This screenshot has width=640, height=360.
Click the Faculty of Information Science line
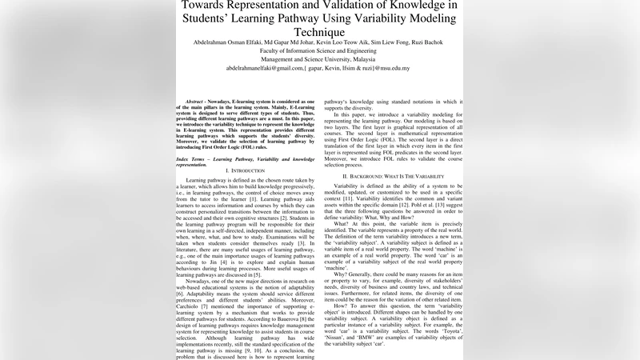324,50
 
